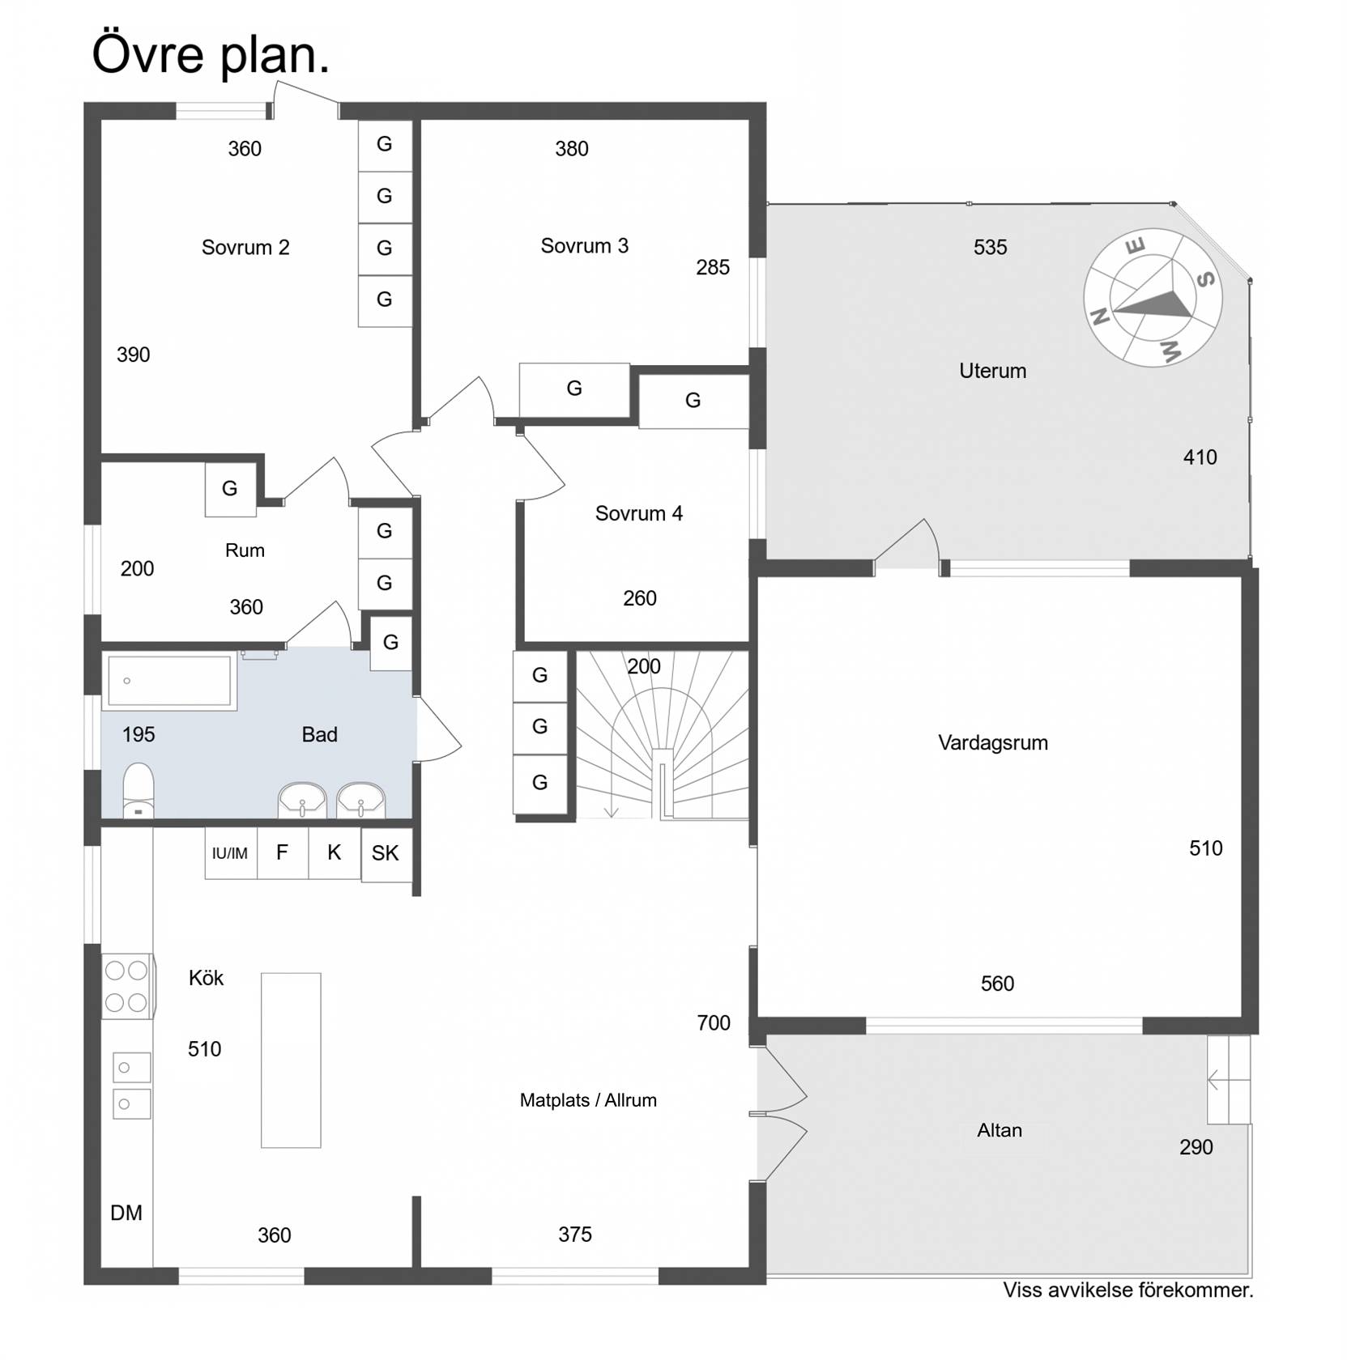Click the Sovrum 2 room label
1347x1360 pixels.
[x=245, y=248]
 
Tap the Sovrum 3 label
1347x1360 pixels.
[x=584, y=246]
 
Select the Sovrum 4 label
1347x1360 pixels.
[x=638, y=513]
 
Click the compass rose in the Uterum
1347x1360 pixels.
[x=1152, y=298]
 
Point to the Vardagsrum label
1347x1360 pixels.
[x=993, y=743]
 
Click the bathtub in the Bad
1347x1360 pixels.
[x=169, y=681]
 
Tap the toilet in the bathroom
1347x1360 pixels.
[x=138, y=790]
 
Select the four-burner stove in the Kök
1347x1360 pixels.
[x=127, y=986]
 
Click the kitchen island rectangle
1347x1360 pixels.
[x=291, y=1060]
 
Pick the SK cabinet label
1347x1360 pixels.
[x=386, y=853]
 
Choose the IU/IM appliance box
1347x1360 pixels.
[x=231, y=853]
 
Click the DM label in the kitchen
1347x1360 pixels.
[x=126, y=1213]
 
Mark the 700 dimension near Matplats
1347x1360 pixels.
[x=714, y=1023]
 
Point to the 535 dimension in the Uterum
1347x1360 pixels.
[x=990, y=248]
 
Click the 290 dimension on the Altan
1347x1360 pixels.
[x=1196, y=1147]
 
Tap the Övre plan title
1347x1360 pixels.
[x=211, y=55]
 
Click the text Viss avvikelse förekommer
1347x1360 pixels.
[x=1128, y=1290]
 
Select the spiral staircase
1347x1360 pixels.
[x=663, y=736]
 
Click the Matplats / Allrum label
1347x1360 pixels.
[x=588, y=1100]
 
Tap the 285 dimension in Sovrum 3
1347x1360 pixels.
[x=713, y=268]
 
